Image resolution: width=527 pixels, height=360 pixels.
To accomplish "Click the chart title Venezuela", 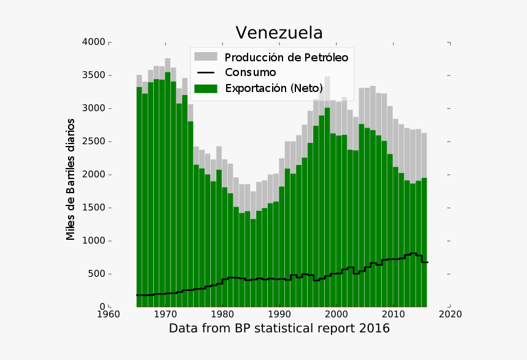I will click(x=279, y=33).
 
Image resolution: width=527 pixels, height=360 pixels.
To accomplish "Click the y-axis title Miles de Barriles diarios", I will click(x=71, y=179).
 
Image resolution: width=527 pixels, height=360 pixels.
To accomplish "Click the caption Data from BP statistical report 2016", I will click(x=279, y=328).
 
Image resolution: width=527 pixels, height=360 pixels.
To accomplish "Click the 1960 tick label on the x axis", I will click(x=109, y=315).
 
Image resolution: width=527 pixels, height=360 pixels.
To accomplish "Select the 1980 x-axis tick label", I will click(x=222, y=315).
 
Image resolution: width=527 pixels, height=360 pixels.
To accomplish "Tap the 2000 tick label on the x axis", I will click(x=336, y=315).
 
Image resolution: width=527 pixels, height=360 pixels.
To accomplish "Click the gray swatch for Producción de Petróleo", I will click(x=205, y=57).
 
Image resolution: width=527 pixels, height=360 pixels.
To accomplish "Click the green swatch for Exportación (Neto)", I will click(x=205, y=88).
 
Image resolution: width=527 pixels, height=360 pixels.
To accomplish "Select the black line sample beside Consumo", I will click(x=205, y=73).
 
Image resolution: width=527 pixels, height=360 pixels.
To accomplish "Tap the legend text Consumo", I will click(x=251, y=73).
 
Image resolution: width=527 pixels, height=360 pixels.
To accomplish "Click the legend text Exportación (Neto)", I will click(x=273, y=88).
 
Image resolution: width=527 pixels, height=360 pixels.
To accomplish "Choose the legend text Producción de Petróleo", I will click(x=286, y=58).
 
